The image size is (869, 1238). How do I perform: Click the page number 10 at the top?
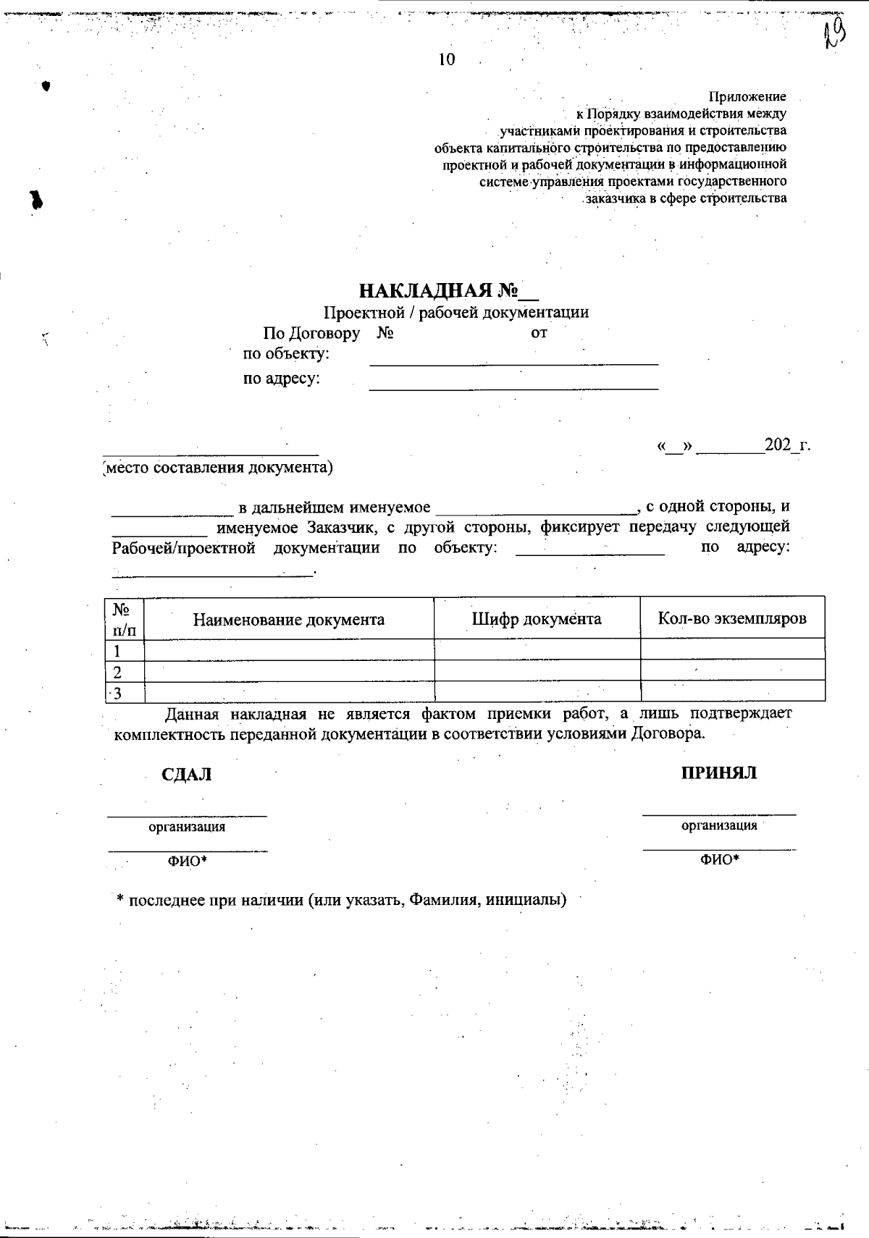(x=447, y=60)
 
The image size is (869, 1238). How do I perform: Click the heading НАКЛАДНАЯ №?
(x=448, y=291)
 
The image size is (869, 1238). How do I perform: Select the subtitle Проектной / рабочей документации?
(x=456, y=313)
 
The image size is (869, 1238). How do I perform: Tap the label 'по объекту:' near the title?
(x=286, y=355)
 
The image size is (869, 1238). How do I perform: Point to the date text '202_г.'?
(x=787, y=445)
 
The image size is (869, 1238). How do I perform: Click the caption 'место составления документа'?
(x=218, y=468)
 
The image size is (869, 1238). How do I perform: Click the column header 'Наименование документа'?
(x=288, y=620)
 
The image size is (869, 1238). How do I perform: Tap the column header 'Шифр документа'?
(x=536, y=619)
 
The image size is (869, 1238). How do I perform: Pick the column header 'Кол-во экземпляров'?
(x=731, y=619)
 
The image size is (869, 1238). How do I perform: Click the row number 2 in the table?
(x=117, y=672)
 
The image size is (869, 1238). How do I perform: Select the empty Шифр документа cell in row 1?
(x=537, y=649)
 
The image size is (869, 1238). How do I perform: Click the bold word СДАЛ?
(x=186, y=775)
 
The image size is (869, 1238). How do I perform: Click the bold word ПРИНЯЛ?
(x=718, y=773)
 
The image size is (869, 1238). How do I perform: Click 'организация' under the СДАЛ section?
(x=187, y=827)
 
